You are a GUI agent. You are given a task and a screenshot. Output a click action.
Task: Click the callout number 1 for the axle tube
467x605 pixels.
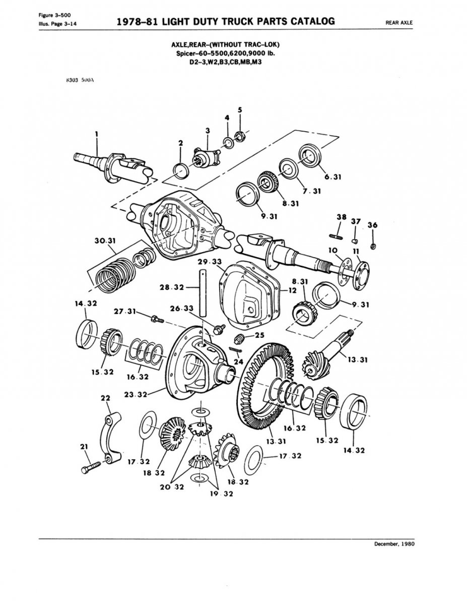95,134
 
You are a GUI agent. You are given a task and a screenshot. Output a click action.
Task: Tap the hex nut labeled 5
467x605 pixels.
240,135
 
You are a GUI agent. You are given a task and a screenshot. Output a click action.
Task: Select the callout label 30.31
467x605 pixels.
105,241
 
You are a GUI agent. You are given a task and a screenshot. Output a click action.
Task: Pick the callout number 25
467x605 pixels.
259,335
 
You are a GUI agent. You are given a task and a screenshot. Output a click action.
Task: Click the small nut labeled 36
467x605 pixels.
373,246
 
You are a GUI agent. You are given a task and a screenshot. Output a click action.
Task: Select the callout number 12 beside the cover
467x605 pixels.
292,291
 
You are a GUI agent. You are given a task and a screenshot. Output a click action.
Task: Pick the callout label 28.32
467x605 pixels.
171,287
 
